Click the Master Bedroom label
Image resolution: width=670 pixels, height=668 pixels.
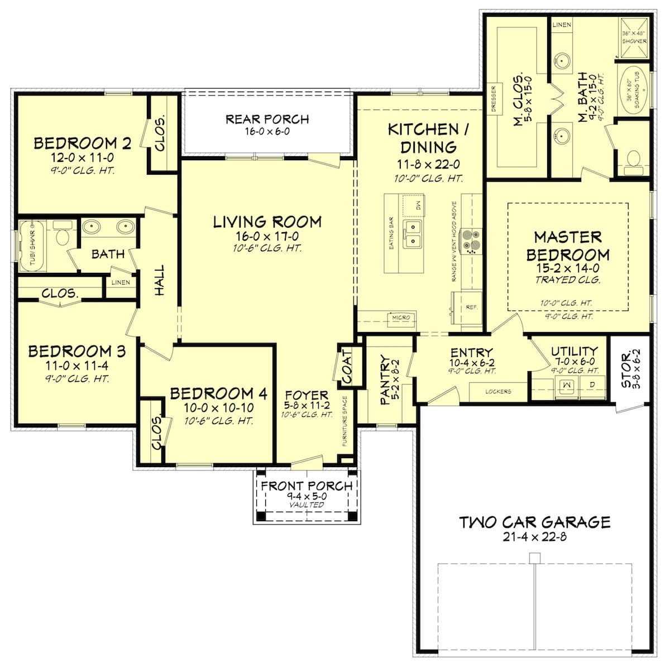(x=568, y=246)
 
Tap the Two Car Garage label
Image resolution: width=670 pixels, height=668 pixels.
(x=534, y=522)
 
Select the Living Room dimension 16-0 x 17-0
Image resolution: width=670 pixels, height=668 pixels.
(x=267, y=236)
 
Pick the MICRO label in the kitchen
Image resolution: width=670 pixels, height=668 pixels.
(x=401, y=318)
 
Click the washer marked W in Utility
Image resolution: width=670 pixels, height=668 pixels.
(x=567, y=385)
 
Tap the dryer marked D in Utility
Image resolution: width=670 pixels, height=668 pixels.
(x=592, y=385)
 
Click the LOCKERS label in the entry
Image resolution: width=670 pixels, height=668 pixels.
(x=498, y=392)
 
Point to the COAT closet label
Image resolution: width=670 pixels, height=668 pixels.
(x=347, y=366)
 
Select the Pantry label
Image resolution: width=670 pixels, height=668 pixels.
(x=385, y=379)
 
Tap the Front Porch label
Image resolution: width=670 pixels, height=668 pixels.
(x=307, y=486)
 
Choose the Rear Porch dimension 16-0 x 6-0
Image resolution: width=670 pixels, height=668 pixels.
(x=267, y=132)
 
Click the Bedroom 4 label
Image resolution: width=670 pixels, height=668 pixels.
(x=218, y=394)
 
